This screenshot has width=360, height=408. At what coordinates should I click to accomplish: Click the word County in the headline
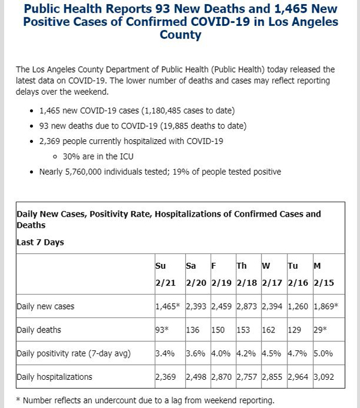point(181,35)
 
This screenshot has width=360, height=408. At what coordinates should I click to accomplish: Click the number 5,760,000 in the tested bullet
point(83,172)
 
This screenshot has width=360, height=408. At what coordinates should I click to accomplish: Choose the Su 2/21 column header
point(166,274)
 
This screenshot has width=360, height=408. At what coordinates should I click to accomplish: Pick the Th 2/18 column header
point(247,274)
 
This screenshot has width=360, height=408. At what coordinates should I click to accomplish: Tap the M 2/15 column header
point(323,274)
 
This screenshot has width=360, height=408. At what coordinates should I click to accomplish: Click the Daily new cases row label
point(46,306)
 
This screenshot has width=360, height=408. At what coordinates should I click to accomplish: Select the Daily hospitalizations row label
point(55,377)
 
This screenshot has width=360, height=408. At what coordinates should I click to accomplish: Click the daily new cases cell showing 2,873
point(247,306)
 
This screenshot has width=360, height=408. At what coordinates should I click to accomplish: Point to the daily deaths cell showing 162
point(268,330)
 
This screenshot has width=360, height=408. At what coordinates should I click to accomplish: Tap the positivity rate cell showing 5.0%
point(323,353)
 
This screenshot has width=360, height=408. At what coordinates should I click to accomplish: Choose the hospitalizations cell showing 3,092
point(323,377)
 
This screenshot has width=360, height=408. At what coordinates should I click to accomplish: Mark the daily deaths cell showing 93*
point(162,329)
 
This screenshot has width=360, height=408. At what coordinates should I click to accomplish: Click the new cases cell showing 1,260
point(298,306)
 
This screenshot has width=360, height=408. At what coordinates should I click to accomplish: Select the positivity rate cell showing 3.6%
point(196,353)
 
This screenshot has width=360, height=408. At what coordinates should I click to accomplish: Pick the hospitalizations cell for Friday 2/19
point(221,377)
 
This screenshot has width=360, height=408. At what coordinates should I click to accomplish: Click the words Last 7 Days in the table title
point(40,242)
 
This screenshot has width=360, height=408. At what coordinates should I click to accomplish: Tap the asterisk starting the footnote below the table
point(18,399)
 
